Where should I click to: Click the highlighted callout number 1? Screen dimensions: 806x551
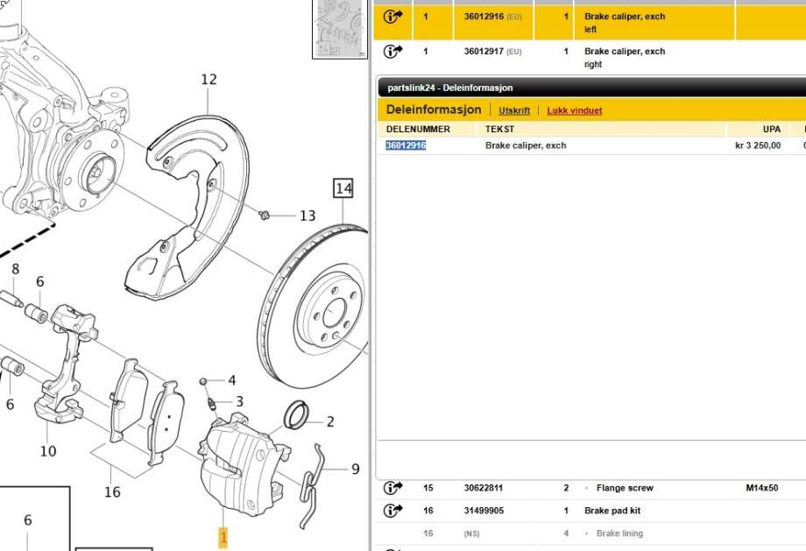coord(223,538)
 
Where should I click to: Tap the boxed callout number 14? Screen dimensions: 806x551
coord(343,188)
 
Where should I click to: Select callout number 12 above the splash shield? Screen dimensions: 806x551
coord(209,80)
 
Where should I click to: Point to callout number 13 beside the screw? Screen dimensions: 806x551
coord(308,215)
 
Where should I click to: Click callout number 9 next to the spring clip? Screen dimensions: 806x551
coord(355,470)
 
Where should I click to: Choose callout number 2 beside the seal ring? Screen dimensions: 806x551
coord(330,422)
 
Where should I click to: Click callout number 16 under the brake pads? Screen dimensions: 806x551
coord(112,492)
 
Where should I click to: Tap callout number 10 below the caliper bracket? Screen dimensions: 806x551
coord(48,451)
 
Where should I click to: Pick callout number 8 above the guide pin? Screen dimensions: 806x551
coord(16,269)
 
